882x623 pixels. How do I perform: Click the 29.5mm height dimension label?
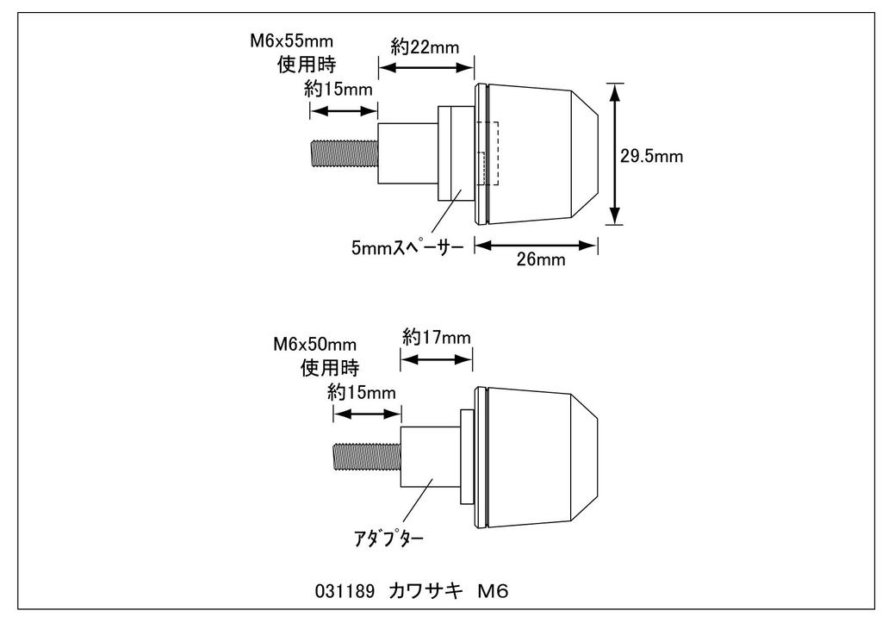click(652, 156)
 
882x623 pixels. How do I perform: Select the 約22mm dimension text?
click(425, 48)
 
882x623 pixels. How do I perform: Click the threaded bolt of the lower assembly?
click(366, 457)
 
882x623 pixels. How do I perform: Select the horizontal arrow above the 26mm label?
click(537, 246)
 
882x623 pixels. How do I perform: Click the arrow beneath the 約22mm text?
click(426, 66)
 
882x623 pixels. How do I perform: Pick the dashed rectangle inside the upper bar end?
click(488, 154)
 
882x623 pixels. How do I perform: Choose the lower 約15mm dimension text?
click(362, 393)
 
